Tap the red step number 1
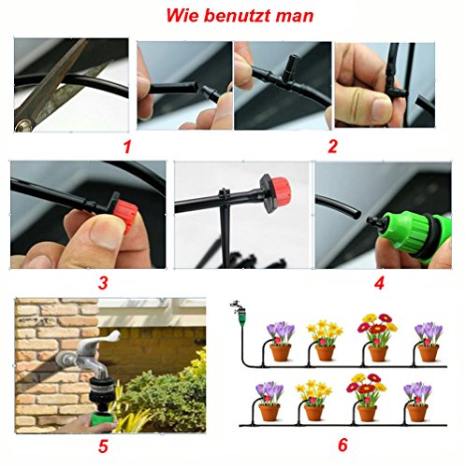tap(126, 147)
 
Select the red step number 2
tap(332, 146)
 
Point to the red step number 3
tap(103, 283)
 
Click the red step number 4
tap(379, 283)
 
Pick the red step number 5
tap(103, 447)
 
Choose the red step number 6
tap(342, 445)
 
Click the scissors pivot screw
tap(23, 125)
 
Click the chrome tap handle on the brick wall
tap(105, 340)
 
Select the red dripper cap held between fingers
tap(125, 216)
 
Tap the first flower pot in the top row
tap(280, 352)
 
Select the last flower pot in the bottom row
tap(417, 413)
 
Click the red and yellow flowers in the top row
tap(377, 327)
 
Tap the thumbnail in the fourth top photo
tap(380, 106)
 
